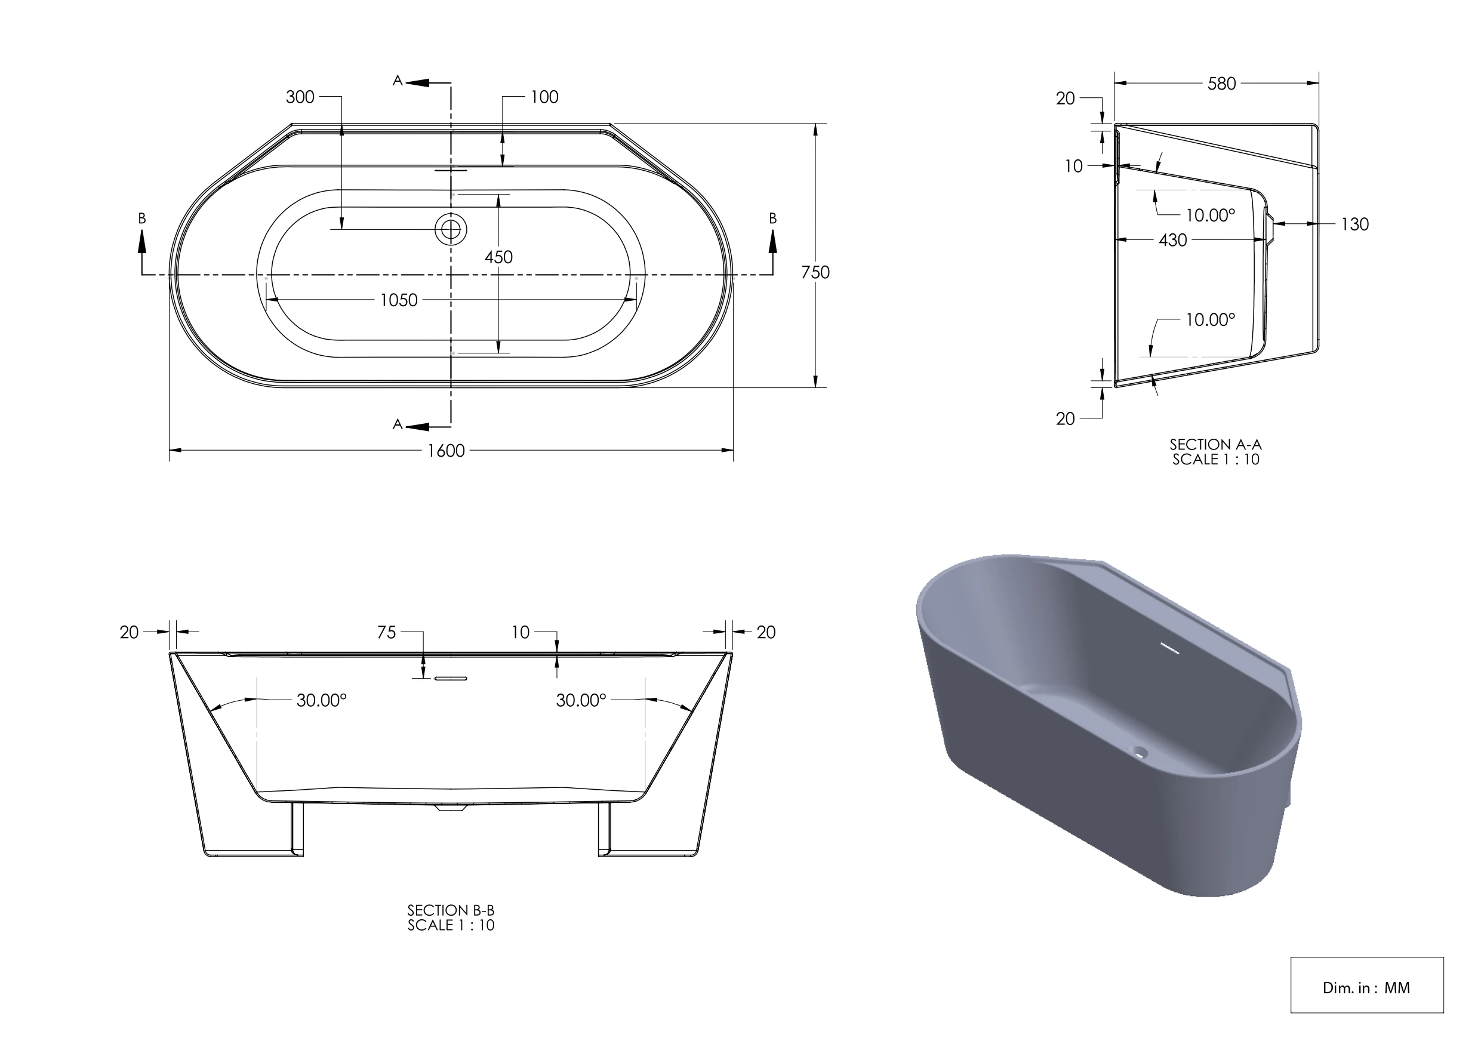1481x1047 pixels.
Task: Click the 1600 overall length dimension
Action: [x=446, y=450]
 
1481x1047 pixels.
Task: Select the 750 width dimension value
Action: [x=815, y=272]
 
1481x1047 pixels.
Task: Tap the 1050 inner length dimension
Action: [x=399, y=300]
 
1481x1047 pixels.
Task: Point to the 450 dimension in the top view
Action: [x=498, y=257]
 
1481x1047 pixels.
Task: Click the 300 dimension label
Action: [x=300, y=97]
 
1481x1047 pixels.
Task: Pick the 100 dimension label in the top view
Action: [x=544, y=97]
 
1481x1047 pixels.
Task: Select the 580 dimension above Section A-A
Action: [x=1221, y=84]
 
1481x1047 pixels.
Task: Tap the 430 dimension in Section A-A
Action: [x=1172, y=240]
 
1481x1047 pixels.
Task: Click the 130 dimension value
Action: [x=1354, y=224]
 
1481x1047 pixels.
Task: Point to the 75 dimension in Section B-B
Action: [x=386, y=632]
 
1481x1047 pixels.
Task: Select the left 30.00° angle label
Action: [x=321, y=700]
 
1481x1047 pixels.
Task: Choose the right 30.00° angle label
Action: [x=581, y=700]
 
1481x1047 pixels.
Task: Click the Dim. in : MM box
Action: [x=1366, y=988]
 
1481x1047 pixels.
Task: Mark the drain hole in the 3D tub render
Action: [x=1140, y=752]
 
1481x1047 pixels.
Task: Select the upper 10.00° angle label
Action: [x=1209, y=215]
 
